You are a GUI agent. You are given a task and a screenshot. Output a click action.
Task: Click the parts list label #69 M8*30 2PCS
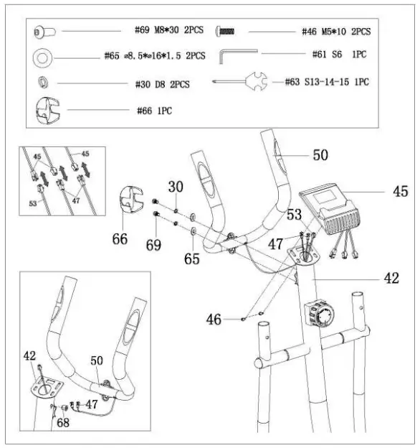(x=170, y=32)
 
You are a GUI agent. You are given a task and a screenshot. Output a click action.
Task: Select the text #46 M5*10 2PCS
(x=335, y=32)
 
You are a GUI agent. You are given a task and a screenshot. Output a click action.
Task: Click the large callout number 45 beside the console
(x=399, y=192)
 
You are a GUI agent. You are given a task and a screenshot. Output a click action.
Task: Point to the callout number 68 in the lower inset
(x=62, y=424)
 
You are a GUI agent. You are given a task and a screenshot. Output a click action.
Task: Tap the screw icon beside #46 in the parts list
(x=227, y=32)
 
